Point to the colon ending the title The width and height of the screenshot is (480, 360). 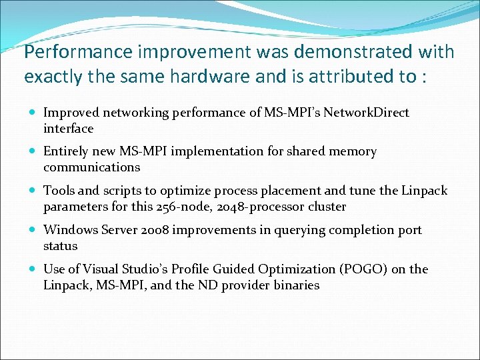[x=424, y=77]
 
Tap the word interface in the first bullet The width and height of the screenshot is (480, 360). [x=69, y=129]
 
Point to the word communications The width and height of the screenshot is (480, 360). [x=92, y=167]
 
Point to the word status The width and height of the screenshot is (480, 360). [x=61, y=246]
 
